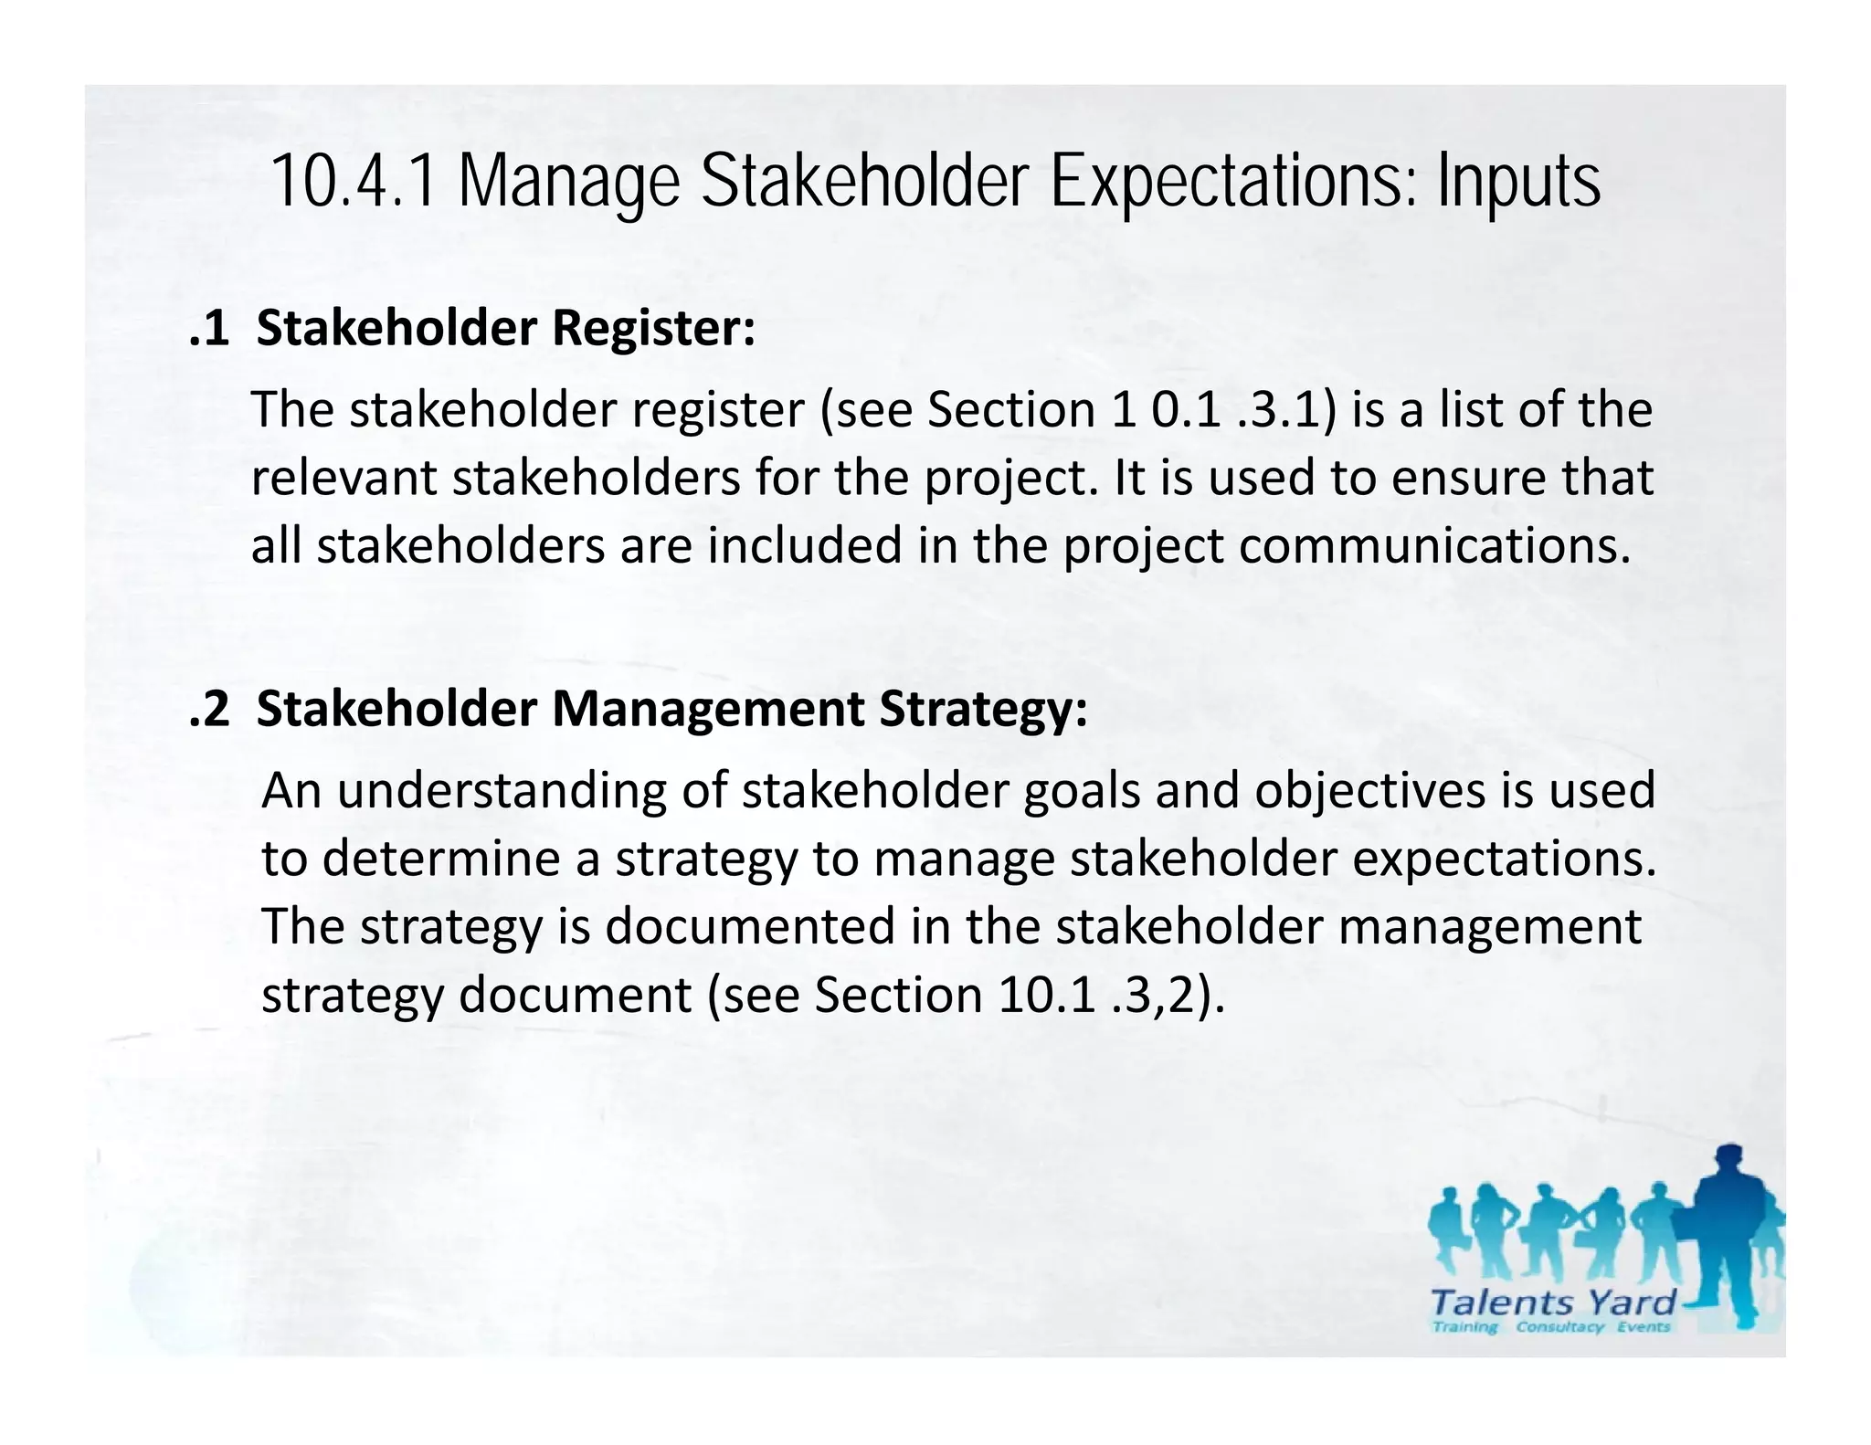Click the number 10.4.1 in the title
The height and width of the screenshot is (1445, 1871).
point(354,182)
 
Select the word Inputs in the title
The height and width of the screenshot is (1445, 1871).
point(1518,182)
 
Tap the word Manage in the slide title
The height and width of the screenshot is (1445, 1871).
point(568,182)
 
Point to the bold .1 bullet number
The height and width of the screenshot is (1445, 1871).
point(209,328)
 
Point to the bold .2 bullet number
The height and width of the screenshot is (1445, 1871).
point(209,709)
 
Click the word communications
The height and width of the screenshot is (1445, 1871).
point(1434,546)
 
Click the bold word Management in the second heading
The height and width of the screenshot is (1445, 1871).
point(707,709)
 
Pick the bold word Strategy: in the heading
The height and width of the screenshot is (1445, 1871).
point(983,709)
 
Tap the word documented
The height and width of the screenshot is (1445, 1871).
point(749,926)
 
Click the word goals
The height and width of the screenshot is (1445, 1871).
point(1082,791)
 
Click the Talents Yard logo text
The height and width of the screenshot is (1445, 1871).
point(1552,1302)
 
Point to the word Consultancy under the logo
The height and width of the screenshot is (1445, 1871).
point(1559,1327)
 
